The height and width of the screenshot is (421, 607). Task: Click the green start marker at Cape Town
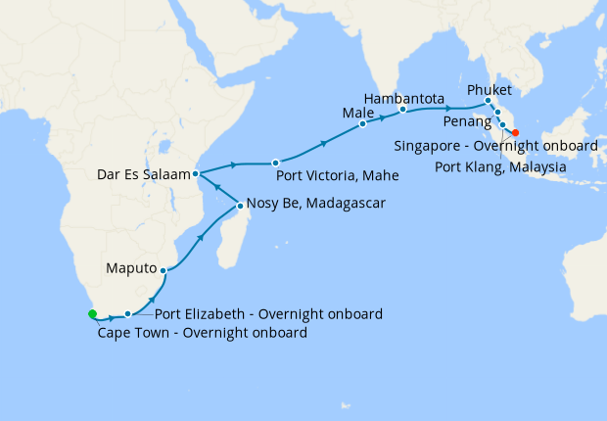[x=92, y=314]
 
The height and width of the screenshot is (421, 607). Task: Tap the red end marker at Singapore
[x=516, y=133]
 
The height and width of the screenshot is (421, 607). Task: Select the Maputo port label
[x=132, y=265]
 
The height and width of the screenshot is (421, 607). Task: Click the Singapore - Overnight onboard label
[x=496, y=146]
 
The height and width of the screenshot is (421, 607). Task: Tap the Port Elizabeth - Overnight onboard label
[x=269, y=314]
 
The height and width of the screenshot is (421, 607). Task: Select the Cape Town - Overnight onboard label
[x=203, y=333]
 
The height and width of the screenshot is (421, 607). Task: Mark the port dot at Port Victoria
[x=276, y=163]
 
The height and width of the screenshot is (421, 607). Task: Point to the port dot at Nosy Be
[x=240, y=206]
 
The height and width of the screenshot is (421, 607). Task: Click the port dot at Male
[x=362, y=123]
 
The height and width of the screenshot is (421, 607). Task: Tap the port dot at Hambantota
[x=402, y=110]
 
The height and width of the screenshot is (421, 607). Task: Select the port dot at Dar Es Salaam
[x=196, y=173]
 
